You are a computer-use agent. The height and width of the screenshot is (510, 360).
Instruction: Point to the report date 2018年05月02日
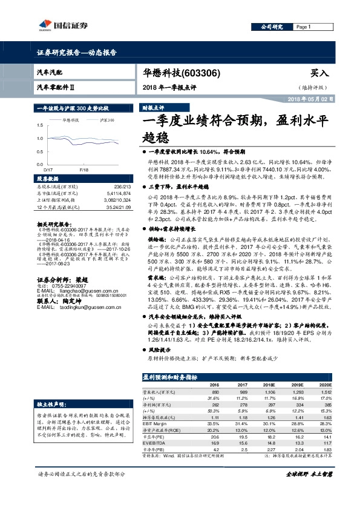tap(316, 99)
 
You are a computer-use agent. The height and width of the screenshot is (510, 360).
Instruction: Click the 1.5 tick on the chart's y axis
tap(41, 125)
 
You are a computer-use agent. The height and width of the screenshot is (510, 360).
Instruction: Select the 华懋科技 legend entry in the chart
tap(71, 121)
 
